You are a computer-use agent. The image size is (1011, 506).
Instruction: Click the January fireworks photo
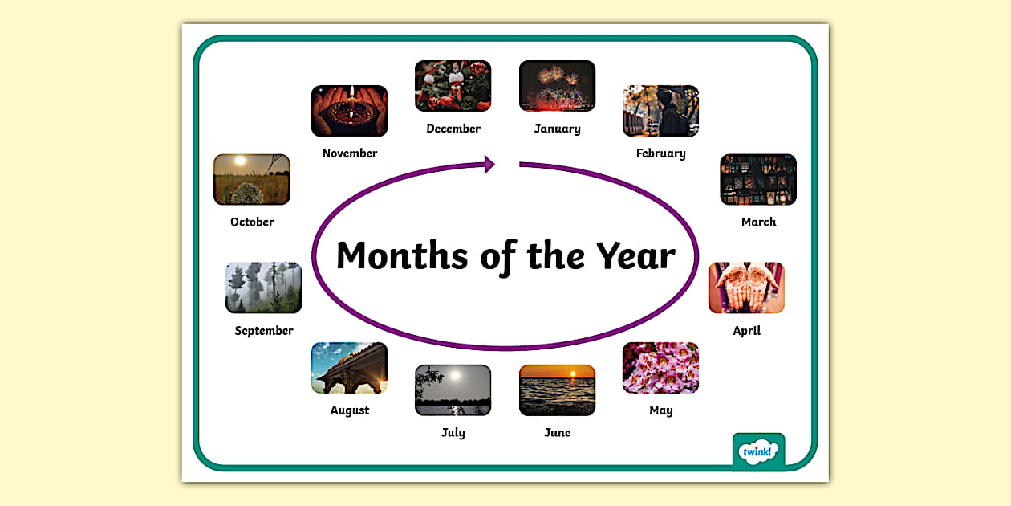pyautogui.click(x=557, y=86)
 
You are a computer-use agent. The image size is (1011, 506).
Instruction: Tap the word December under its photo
pyautogui.click(x=453, y=129)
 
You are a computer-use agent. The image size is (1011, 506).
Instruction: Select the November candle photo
pyautogui.click(x=349, y=111)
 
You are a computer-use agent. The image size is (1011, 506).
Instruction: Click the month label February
pyautogui.click(x=660, y=153)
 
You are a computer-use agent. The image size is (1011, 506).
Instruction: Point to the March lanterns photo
pyautogui.click(x=758, y=180)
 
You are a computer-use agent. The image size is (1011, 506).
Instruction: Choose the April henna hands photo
pyautogui.click(x=746, y=288)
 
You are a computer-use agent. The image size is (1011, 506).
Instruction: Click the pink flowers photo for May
pyautogui.click(x=660, y=368)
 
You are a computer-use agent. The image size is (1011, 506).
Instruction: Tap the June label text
pyautogui.click(x=557, y=433)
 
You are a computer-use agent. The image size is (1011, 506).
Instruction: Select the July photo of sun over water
pyautogui.click(x=453, y=390)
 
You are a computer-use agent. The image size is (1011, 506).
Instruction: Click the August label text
pyautogui.click(x=350, y=410)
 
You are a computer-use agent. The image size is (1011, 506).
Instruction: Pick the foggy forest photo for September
pyautogui.click(x=263, y=288)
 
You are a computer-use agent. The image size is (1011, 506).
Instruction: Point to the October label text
pyautogui.click(x=252, y=222)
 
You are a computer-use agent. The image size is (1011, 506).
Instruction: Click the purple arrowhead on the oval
pyautogui.click(x=488, y=165)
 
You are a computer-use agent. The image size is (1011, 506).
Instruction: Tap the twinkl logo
pyautogui.click(x=758, y=452)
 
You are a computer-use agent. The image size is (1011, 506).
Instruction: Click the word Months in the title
pyautogui.click(x=402, y=256)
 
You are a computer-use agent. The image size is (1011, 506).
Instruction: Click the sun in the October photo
pyautogui.click(x=238, y=161)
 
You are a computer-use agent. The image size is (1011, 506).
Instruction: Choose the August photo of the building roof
pyautogui.click(x=349, y=368)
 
